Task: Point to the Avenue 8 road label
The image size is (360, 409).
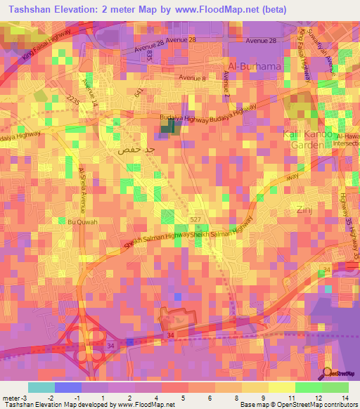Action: coord(193,77)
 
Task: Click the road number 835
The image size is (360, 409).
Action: coord(150,59)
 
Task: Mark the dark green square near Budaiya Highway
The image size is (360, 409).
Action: coord(169,126)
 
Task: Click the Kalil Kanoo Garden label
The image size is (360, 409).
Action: coord(303,139)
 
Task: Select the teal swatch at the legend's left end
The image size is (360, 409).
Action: coord(41,387)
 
